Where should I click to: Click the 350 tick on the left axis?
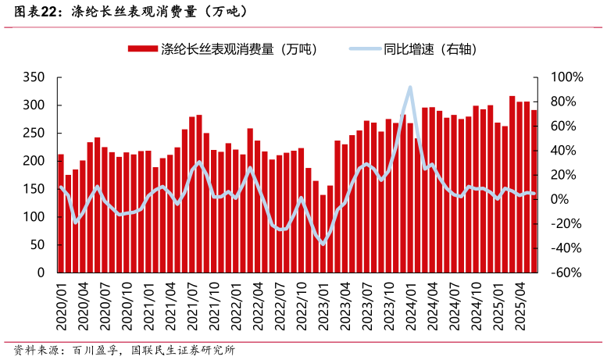point(35,77)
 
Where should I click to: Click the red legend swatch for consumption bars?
point(143,49)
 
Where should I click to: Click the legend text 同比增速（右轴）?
point(430,49)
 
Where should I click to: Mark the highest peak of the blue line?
point(410,87)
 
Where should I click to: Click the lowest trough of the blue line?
point(323,244)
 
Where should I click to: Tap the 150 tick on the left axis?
point(35,189)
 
